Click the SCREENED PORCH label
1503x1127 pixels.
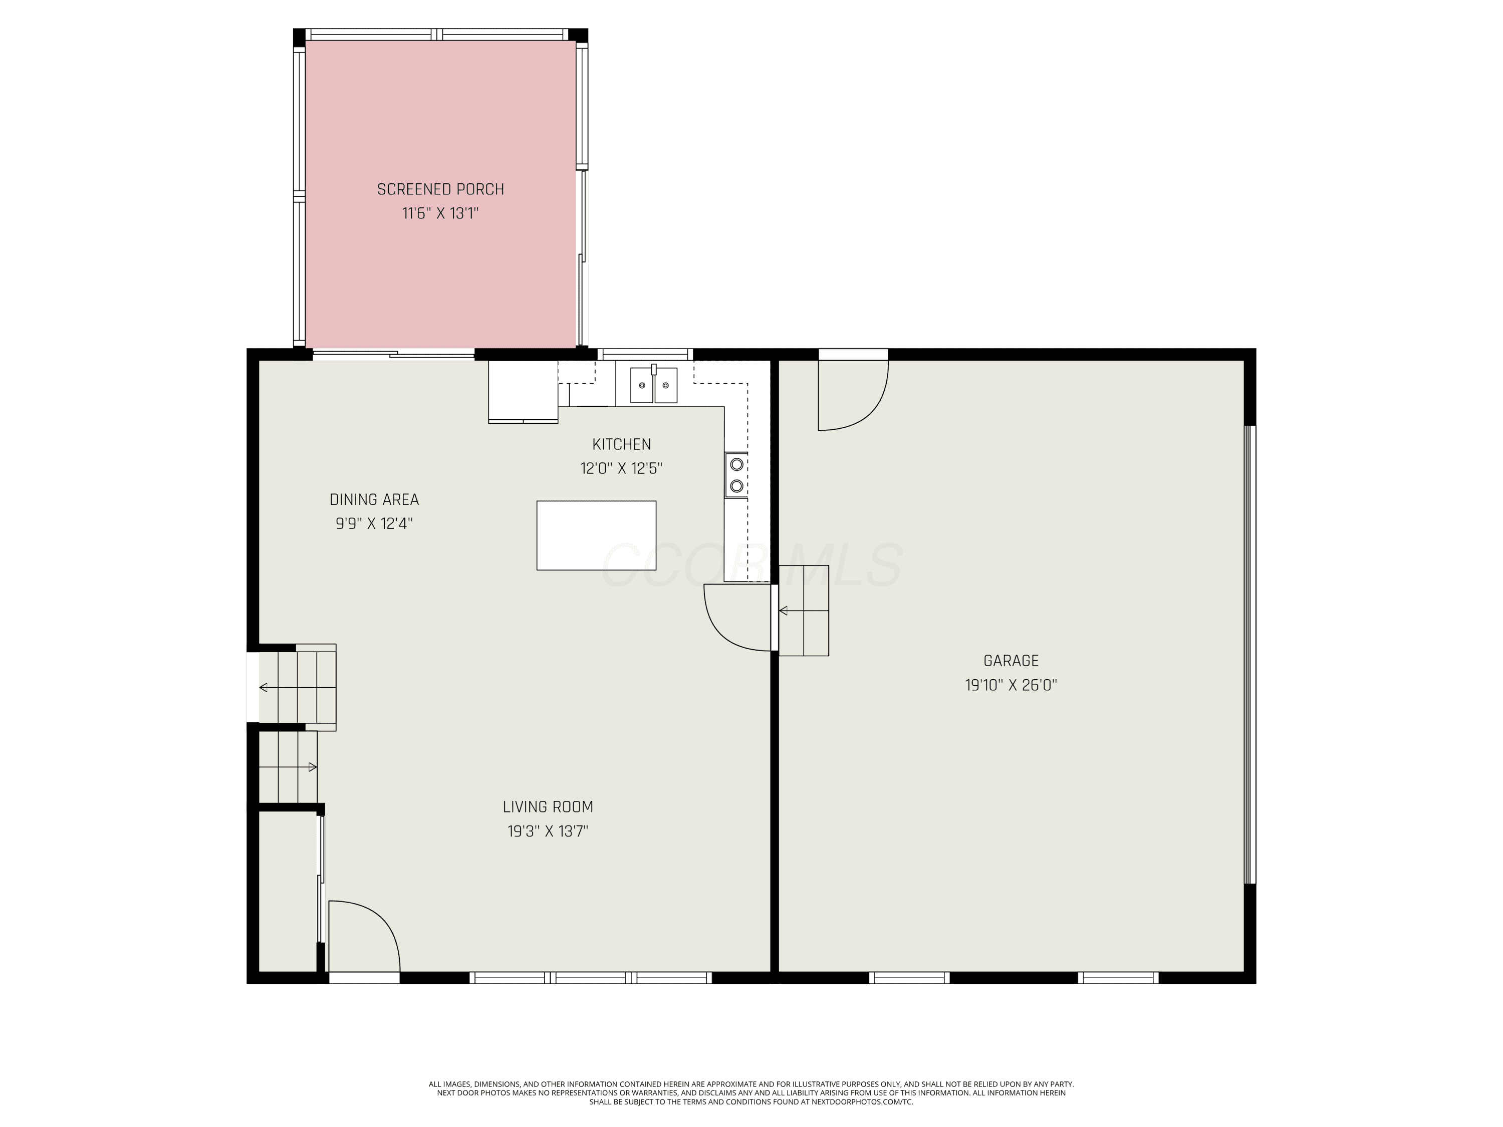coord(440,189)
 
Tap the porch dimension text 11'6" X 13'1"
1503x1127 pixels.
coord(440,213)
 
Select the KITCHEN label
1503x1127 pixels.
coord(622,444)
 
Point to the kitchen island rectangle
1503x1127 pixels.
coord(596,535)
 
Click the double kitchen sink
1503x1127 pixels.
coord(654,385)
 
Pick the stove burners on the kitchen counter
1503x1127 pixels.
coord(736,475)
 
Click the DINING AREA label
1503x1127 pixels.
coord(374,499)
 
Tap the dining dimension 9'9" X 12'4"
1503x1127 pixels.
coord(374,524)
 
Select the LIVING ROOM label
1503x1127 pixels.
coord(548,807)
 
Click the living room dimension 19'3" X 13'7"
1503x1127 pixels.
coord(548,831)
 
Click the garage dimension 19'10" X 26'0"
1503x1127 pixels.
coord(1011,685)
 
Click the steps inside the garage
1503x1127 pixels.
coord(804,610)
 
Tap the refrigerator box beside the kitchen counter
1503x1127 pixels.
coord(523,391)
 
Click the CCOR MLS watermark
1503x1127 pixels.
coord(751,565)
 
